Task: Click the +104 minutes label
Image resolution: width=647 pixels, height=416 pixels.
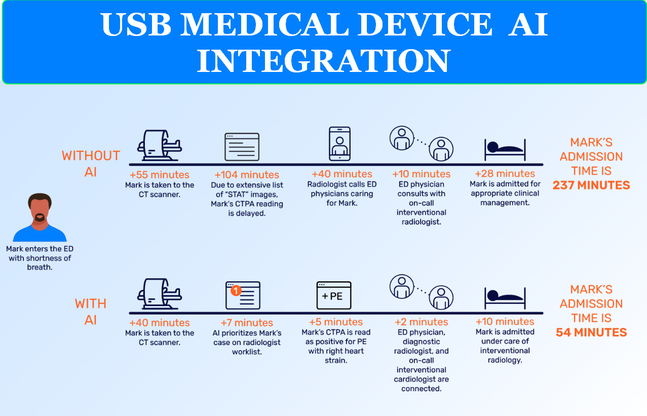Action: (247, 175)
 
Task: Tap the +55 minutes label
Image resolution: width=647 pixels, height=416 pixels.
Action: (160, 175)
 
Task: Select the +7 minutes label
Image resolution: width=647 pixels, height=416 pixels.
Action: (247, 323)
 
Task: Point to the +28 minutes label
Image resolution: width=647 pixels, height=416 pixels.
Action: (505, 174)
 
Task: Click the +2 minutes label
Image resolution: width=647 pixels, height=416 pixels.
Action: (422, 322)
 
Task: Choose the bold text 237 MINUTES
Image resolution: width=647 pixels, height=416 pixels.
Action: (591, 185)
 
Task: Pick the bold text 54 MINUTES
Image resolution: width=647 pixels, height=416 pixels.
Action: (591, 332)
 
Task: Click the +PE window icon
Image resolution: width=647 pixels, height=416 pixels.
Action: (333, 295)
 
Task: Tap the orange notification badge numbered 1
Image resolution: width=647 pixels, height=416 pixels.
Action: (235, 291)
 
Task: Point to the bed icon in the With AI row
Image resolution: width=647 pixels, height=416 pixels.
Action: (504, 296)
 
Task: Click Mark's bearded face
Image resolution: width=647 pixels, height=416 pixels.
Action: (40, 210)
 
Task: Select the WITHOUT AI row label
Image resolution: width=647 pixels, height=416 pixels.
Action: (91, 163)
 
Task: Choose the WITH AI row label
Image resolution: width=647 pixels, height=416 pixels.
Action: (91, 311)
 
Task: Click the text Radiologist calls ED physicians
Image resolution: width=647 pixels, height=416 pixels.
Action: (341, 189)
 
